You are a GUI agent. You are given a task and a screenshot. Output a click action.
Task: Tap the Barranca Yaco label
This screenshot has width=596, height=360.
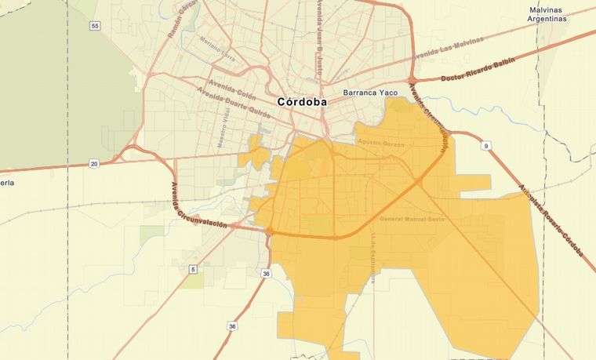point(372,93)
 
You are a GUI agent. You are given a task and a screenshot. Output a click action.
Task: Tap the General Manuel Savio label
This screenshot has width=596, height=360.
point(412,219)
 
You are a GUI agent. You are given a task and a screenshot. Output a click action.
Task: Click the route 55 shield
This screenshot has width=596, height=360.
point(95,26)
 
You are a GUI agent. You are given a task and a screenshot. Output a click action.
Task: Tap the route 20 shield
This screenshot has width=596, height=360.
point(94,163)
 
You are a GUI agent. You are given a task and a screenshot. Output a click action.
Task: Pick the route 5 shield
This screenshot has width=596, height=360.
point(192,269)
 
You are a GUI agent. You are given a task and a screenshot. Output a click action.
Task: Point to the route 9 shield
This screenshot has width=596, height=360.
point(487,146)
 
